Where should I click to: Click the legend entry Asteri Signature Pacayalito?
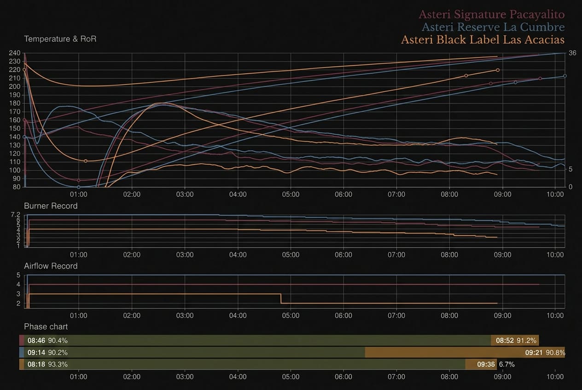(x=492, y=15)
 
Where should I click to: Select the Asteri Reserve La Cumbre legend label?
(x=493, y=27)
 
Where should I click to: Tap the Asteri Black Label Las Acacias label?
(x=483, y=40)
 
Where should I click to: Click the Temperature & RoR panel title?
(x=60, y=39)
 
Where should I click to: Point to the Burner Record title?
(x=51, y=206)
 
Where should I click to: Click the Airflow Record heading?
(x=51, y=266)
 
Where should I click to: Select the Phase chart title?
(x=46, y=327)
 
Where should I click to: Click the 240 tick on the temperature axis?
(x=15, y=53)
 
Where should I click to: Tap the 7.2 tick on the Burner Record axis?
(x=15, y=215)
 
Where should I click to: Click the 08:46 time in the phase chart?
(x=36, y=340)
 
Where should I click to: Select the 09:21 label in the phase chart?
(x=534, y=353)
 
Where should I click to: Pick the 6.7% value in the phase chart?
(x=506, y=364)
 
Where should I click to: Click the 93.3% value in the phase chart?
(x=58, y=364)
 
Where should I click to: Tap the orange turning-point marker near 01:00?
(x=86, y=161)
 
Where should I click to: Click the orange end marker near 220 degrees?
(x=498, y=70)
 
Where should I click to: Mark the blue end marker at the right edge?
(x=565, y=76)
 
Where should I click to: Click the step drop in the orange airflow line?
(x=281, y=298)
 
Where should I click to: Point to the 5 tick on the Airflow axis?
(x=18, y=275)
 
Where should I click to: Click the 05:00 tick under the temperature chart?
(x=291, y=195)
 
